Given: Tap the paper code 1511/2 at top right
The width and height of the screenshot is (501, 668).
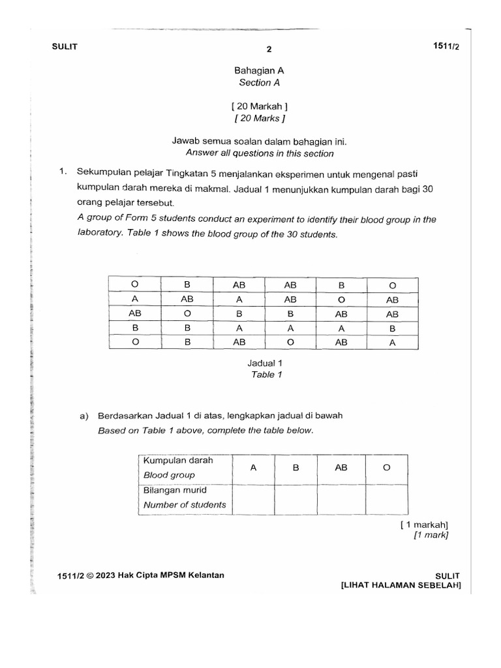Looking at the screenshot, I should [x=447, y=46].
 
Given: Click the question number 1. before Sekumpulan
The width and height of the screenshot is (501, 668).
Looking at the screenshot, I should [x=63, y=172].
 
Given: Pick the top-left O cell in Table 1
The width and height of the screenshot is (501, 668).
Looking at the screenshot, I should [x=135, y=285].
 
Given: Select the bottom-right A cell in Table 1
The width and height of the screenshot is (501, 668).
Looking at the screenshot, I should [x=392, y=341].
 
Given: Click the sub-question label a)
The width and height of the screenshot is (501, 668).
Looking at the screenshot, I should [x=84, y=416].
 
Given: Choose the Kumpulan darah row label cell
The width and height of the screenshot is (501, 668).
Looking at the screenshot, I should [x=185, y=468].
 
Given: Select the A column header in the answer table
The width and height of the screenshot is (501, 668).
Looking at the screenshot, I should [x=253, y=468].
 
